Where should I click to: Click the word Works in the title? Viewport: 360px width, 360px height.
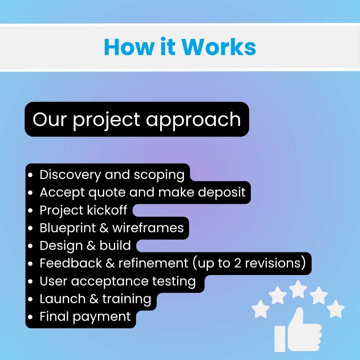(x=219, y=47)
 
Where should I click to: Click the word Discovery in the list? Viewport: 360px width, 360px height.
(x=70, y=175)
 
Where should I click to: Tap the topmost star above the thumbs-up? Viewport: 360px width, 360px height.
(x=299, y=288)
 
